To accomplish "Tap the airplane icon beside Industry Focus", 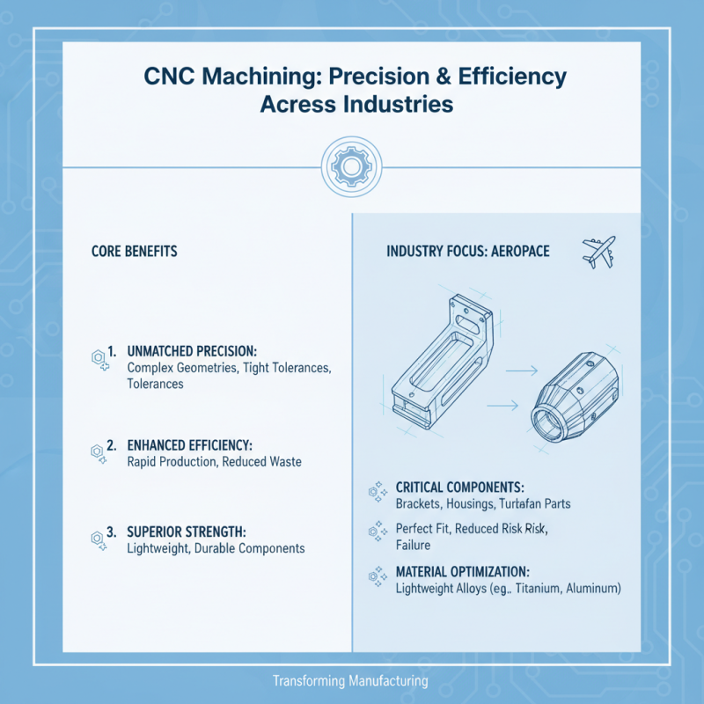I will (598, 251).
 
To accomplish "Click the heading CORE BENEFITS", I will (135, 252).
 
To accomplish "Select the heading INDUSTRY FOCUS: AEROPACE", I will (468, 252).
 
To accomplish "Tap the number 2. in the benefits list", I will (112, 446).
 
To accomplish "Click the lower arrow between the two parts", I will (502, 406).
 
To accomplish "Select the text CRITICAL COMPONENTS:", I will (460, 487).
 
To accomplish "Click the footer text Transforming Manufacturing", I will (350, 681).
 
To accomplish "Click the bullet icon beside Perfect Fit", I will (377, 531).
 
